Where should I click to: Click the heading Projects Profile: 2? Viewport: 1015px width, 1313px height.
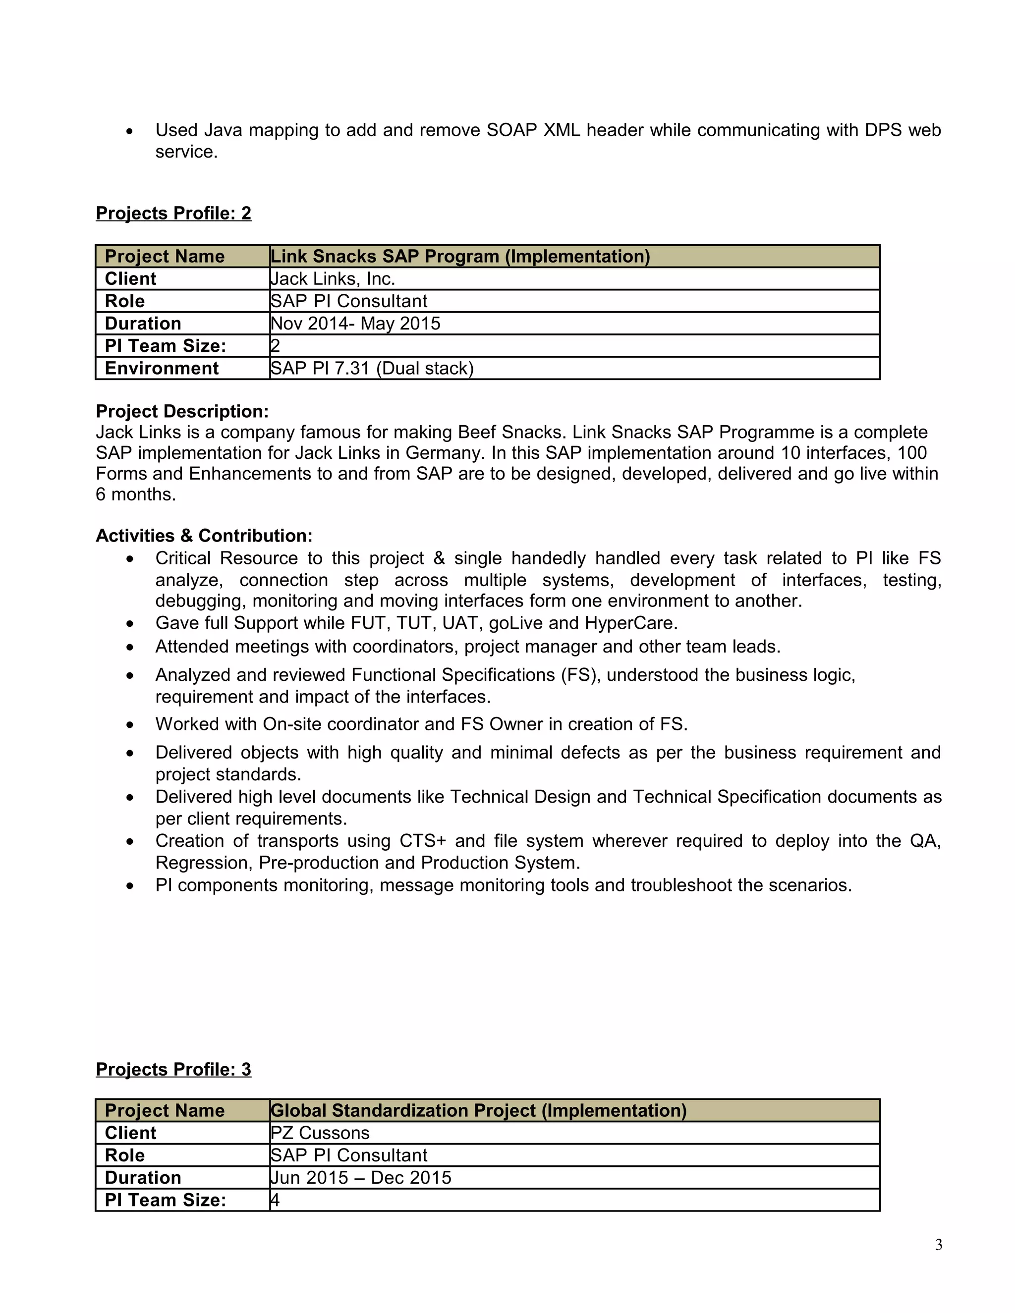(173, 214)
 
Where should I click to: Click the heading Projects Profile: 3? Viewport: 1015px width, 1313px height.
(173, 1070)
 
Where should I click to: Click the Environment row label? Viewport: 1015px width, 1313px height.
(161, 368)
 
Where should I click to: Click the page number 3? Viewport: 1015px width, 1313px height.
(938, 1245)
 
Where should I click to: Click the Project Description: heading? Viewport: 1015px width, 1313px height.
(182, 411)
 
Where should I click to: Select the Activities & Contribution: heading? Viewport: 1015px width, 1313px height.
(204, 536)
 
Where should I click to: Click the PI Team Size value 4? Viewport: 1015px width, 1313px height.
(275, 1200)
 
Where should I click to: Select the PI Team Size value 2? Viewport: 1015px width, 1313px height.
(275, 346)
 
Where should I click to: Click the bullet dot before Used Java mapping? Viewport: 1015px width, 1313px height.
(129, 131)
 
